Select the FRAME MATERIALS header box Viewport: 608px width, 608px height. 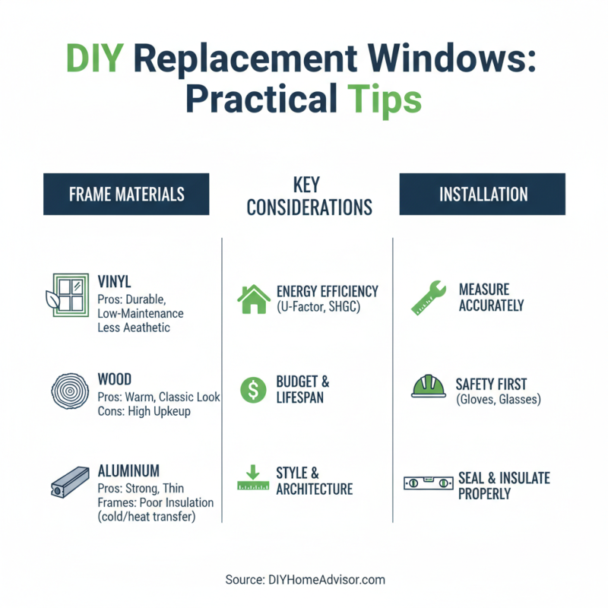click(x=126, y=194)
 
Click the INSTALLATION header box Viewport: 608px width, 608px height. click(x=482, y=194)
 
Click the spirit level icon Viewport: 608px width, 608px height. click(x=427, y=483)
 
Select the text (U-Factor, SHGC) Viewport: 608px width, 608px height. click(x=318, y=306)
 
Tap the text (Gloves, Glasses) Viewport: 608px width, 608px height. click(x=498, y=400)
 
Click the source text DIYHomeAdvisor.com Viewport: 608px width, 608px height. click(x=305, y=580)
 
